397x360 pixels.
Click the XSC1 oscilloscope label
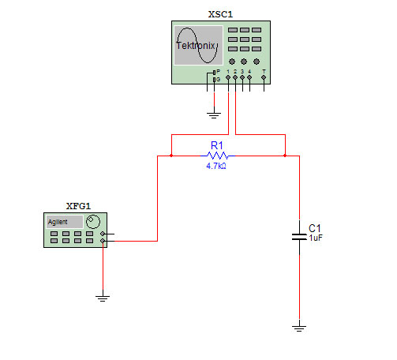pos(220,14)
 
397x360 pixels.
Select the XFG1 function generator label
pos(78,206)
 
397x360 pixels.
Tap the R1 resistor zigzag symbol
pos(218,156)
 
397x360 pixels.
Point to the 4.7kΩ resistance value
pos(216,166)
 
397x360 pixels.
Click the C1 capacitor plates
pos(299,237)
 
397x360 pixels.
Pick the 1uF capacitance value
pos(316,238)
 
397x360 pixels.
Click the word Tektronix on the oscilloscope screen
pos(196,46)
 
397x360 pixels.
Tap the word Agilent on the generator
pos(58,222)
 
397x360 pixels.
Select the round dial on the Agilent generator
pos(93,222)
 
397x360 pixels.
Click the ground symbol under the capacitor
pos(299,328)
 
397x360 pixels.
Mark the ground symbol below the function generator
pos(103,298)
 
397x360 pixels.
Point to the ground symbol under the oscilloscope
pos(214,115)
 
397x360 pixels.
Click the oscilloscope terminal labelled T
pos(264,77)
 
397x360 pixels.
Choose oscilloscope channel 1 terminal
pos(228,77)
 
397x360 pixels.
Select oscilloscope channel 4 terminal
pos(249,77)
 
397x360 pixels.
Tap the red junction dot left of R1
pos(171,156)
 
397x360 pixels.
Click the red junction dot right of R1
pos(285,156)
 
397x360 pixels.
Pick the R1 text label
pos(217,145)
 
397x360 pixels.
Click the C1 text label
pos(315,228)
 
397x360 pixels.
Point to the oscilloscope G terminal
pos(215,80)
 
